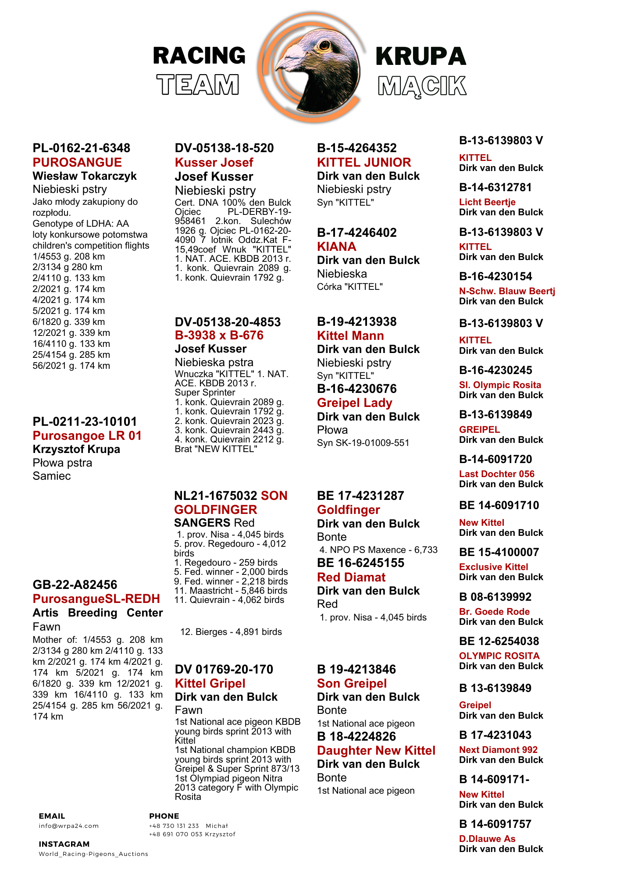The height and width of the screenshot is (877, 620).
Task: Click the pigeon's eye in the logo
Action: point(325,45)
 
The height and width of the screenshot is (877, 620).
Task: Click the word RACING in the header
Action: point(199,56)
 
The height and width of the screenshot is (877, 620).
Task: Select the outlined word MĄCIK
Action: point(422,86)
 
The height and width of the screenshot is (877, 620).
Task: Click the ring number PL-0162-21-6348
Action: point(82,148)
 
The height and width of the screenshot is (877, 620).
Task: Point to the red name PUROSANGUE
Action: point(77,162)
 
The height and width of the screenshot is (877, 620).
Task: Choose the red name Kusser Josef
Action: point(214,162)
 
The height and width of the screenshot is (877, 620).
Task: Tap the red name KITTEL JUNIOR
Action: point(364,162)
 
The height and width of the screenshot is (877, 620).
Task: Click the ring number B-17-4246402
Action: point(356,232)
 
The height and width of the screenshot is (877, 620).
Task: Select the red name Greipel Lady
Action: point(354,403)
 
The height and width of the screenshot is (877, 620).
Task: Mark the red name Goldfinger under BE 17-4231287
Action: point(348,510)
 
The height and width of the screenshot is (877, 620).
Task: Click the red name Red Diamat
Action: point(351,577)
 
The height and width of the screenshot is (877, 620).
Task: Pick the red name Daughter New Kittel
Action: point(376,750)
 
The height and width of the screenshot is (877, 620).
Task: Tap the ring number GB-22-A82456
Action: point(75,585)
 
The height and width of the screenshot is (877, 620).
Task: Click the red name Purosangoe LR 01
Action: point(87,435)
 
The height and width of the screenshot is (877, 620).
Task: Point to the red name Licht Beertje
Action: point(487,202)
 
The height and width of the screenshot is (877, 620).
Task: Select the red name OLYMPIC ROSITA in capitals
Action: point(499,656)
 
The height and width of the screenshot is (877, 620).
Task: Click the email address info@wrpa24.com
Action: point(68,826)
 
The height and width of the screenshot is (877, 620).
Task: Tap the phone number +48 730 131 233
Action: point(174,826)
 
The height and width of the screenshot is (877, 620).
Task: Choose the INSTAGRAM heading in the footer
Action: point(64,844)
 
